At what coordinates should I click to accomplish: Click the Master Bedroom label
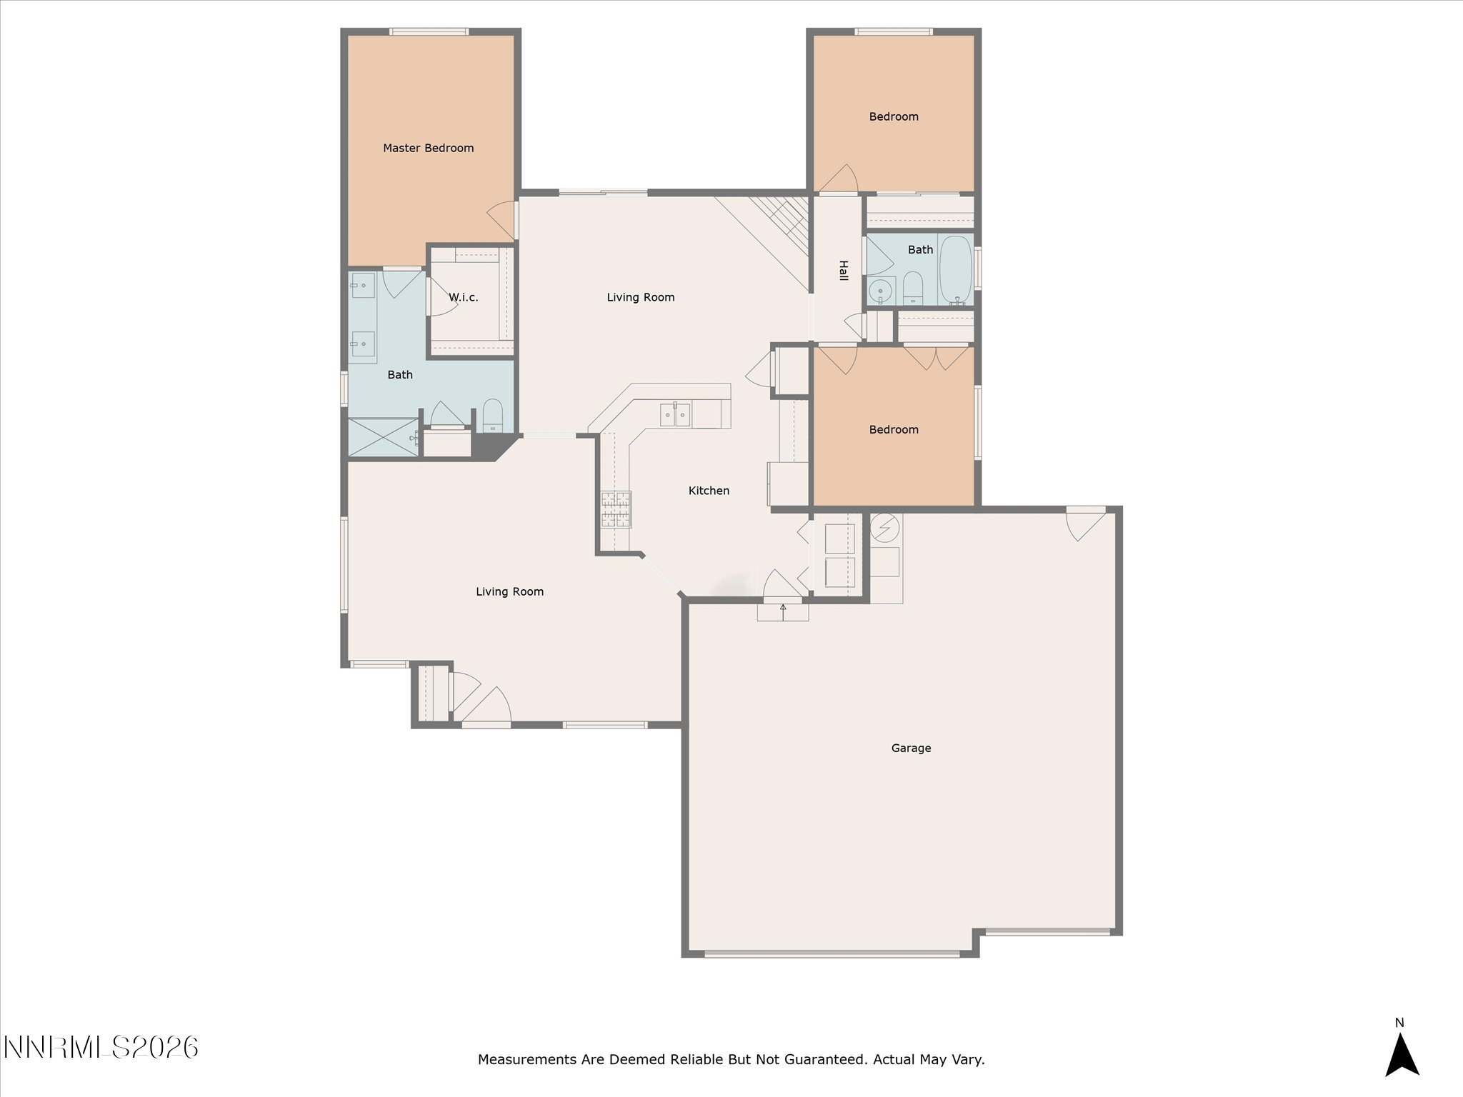pos(428,148)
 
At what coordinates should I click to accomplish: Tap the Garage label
pos(911,748)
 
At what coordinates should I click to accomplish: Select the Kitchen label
pos(709,491)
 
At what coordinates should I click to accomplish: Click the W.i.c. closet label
pos(463,297)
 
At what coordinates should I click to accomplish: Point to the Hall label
pos(844,271)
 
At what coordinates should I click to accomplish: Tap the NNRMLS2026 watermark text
pos(101,1047)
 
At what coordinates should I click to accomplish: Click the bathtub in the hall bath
pos(956,271)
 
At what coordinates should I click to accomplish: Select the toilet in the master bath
pos(493,416)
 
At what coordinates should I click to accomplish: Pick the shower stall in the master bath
pos(383,438)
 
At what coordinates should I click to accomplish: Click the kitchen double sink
pos(675,414)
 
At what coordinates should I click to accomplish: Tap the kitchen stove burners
pos(616,509)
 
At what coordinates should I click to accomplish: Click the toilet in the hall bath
pos(913,288)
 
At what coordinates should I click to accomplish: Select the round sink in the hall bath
pos(882,291)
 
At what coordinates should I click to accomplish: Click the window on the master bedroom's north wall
pos(429,31)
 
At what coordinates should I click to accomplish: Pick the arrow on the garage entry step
pos(783,611)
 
